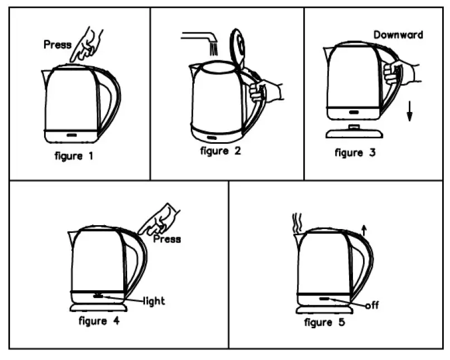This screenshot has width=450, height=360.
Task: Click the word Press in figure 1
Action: [x=57, y=45]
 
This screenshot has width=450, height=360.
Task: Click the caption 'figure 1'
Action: [x=74, y=156]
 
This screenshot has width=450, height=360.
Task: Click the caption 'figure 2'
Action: [x=221, y=151]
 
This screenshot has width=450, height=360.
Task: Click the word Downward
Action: [x=398, y=35]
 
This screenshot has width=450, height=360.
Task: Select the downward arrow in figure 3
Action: [x=409, y=112]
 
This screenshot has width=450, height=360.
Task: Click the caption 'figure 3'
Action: [x=355, y=153]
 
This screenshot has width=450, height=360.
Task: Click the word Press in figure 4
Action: [x=167, y=239]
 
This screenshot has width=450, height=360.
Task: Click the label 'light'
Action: [x=154, y=301]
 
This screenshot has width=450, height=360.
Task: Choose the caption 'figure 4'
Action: [x=99, y=321]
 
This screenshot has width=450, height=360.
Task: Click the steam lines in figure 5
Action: [x=298, y=223]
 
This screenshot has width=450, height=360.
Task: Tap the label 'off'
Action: [x=372, y=305]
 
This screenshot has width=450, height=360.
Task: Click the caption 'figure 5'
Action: [x=325, y=323]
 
